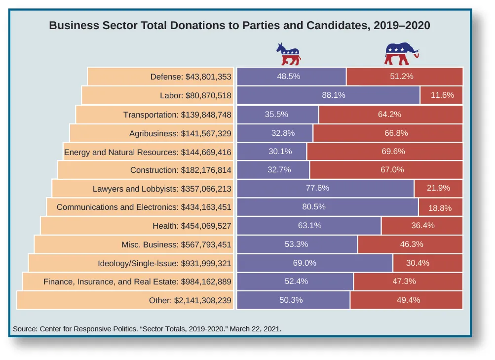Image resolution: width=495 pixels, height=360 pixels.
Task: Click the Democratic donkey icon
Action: pos(289,54)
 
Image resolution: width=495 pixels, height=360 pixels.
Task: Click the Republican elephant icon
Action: pos(401,54)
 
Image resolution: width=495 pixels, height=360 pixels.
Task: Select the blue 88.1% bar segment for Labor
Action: pos(329,95)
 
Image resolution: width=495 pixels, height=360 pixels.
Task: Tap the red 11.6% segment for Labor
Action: pos(442,95)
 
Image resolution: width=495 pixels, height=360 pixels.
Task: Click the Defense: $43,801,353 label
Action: pos(190,77)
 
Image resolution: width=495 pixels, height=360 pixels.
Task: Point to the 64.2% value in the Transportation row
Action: pos(389,114)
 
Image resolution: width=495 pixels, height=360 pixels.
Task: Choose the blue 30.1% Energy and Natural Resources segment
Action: pos(272,152)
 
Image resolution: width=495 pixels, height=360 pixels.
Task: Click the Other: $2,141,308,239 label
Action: pos(190,300)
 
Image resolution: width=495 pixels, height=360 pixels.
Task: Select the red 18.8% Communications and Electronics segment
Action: pos(440,207)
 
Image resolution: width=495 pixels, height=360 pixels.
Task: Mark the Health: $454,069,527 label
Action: pos(192,226)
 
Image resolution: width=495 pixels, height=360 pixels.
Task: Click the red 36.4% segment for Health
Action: pos(422,226)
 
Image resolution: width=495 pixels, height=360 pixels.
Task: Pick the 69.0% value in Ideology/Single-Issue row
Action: pos(305,263)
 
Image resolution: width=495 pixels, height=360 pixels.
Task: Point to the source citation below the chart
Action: pos(147,328)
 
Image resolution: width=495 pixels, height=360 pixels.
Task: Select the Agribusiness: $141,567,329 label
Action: pos(180,133)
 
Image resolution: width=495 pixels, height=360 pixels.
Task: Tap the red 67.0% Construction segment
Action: pos(386,170)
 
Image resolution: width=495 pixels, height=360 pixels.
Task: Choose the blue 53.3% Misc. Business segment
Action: pos(297,244)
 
